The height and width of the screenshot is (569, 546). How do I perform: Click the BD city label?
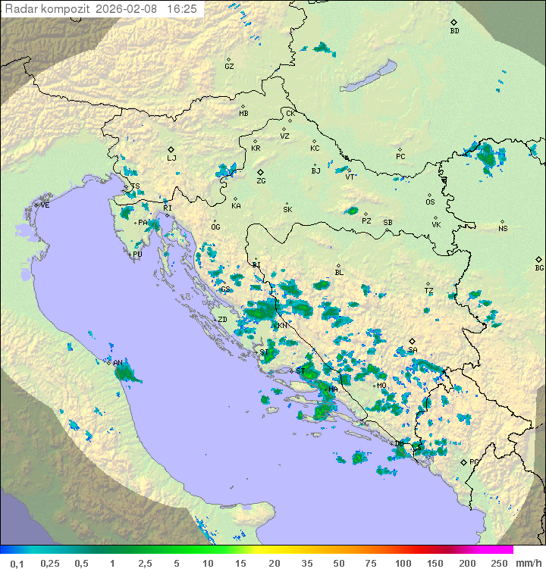tap(454, 31)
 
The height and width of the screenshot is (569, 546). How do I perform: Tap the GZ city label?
tap(229, 67)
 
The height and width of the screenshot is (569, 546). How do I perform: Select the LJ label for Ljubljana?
tap(171, 158)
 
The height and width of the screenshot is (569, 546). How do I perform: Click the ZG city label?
tap(261, 181)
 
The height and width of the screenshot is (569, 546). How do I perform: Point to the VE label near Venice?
tap(45, 205)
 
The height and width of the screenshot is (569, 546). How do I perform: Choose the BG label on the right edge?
tap(539, 267)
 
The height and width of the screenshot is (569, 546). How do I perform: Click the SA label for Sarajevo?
tap(413, 350)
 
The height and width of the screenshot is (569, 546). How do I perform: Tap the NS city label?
tap(503, 229)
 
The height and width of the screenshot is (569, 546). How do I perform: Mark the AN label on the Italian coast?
tap(118, 363)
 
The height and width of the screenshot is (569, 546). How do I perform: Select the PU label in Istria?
tap(137, 255)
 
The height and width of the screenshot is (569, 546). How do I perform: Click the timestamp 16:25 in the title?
tap(181, 9)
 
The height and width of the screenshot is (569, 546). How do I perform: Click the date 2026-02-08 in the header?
tap(128, 9)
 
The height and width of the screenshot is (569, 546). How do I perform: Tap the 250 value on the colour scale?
tap(499, 563)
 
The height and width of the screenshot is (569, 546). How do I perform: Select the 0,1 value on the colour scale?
tap(17, 563)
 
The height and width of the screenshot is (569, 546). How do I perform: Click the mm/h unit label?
tap(528, 563)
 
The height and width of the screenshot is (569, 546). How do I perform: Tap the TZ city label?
tap(429, 291)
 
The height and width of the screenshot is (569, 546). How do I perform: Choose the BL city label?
tap(339, 273)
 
